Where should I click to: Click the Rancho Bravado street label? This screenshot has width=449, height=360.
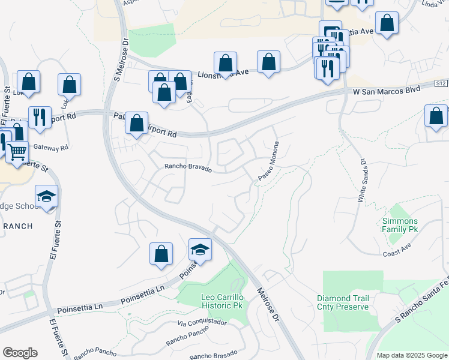click(x=188, y=168)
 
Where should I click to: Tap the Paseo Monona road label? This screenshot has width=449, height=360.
click(x=270, y=161)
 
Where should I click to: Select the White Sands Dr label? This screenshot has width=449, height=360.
click(x=363, y=180)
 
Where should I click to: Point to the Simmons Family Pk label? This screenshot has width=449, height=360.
click(x=400, y=225)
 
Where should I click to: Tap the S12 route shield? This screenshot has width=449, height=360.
click(x=441, y=85)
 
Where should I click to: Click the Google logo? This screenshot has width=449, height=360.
click(x=20, y=352)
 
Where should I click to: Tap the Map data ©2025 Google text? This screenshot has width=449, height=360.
click(x=411, y=355)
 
